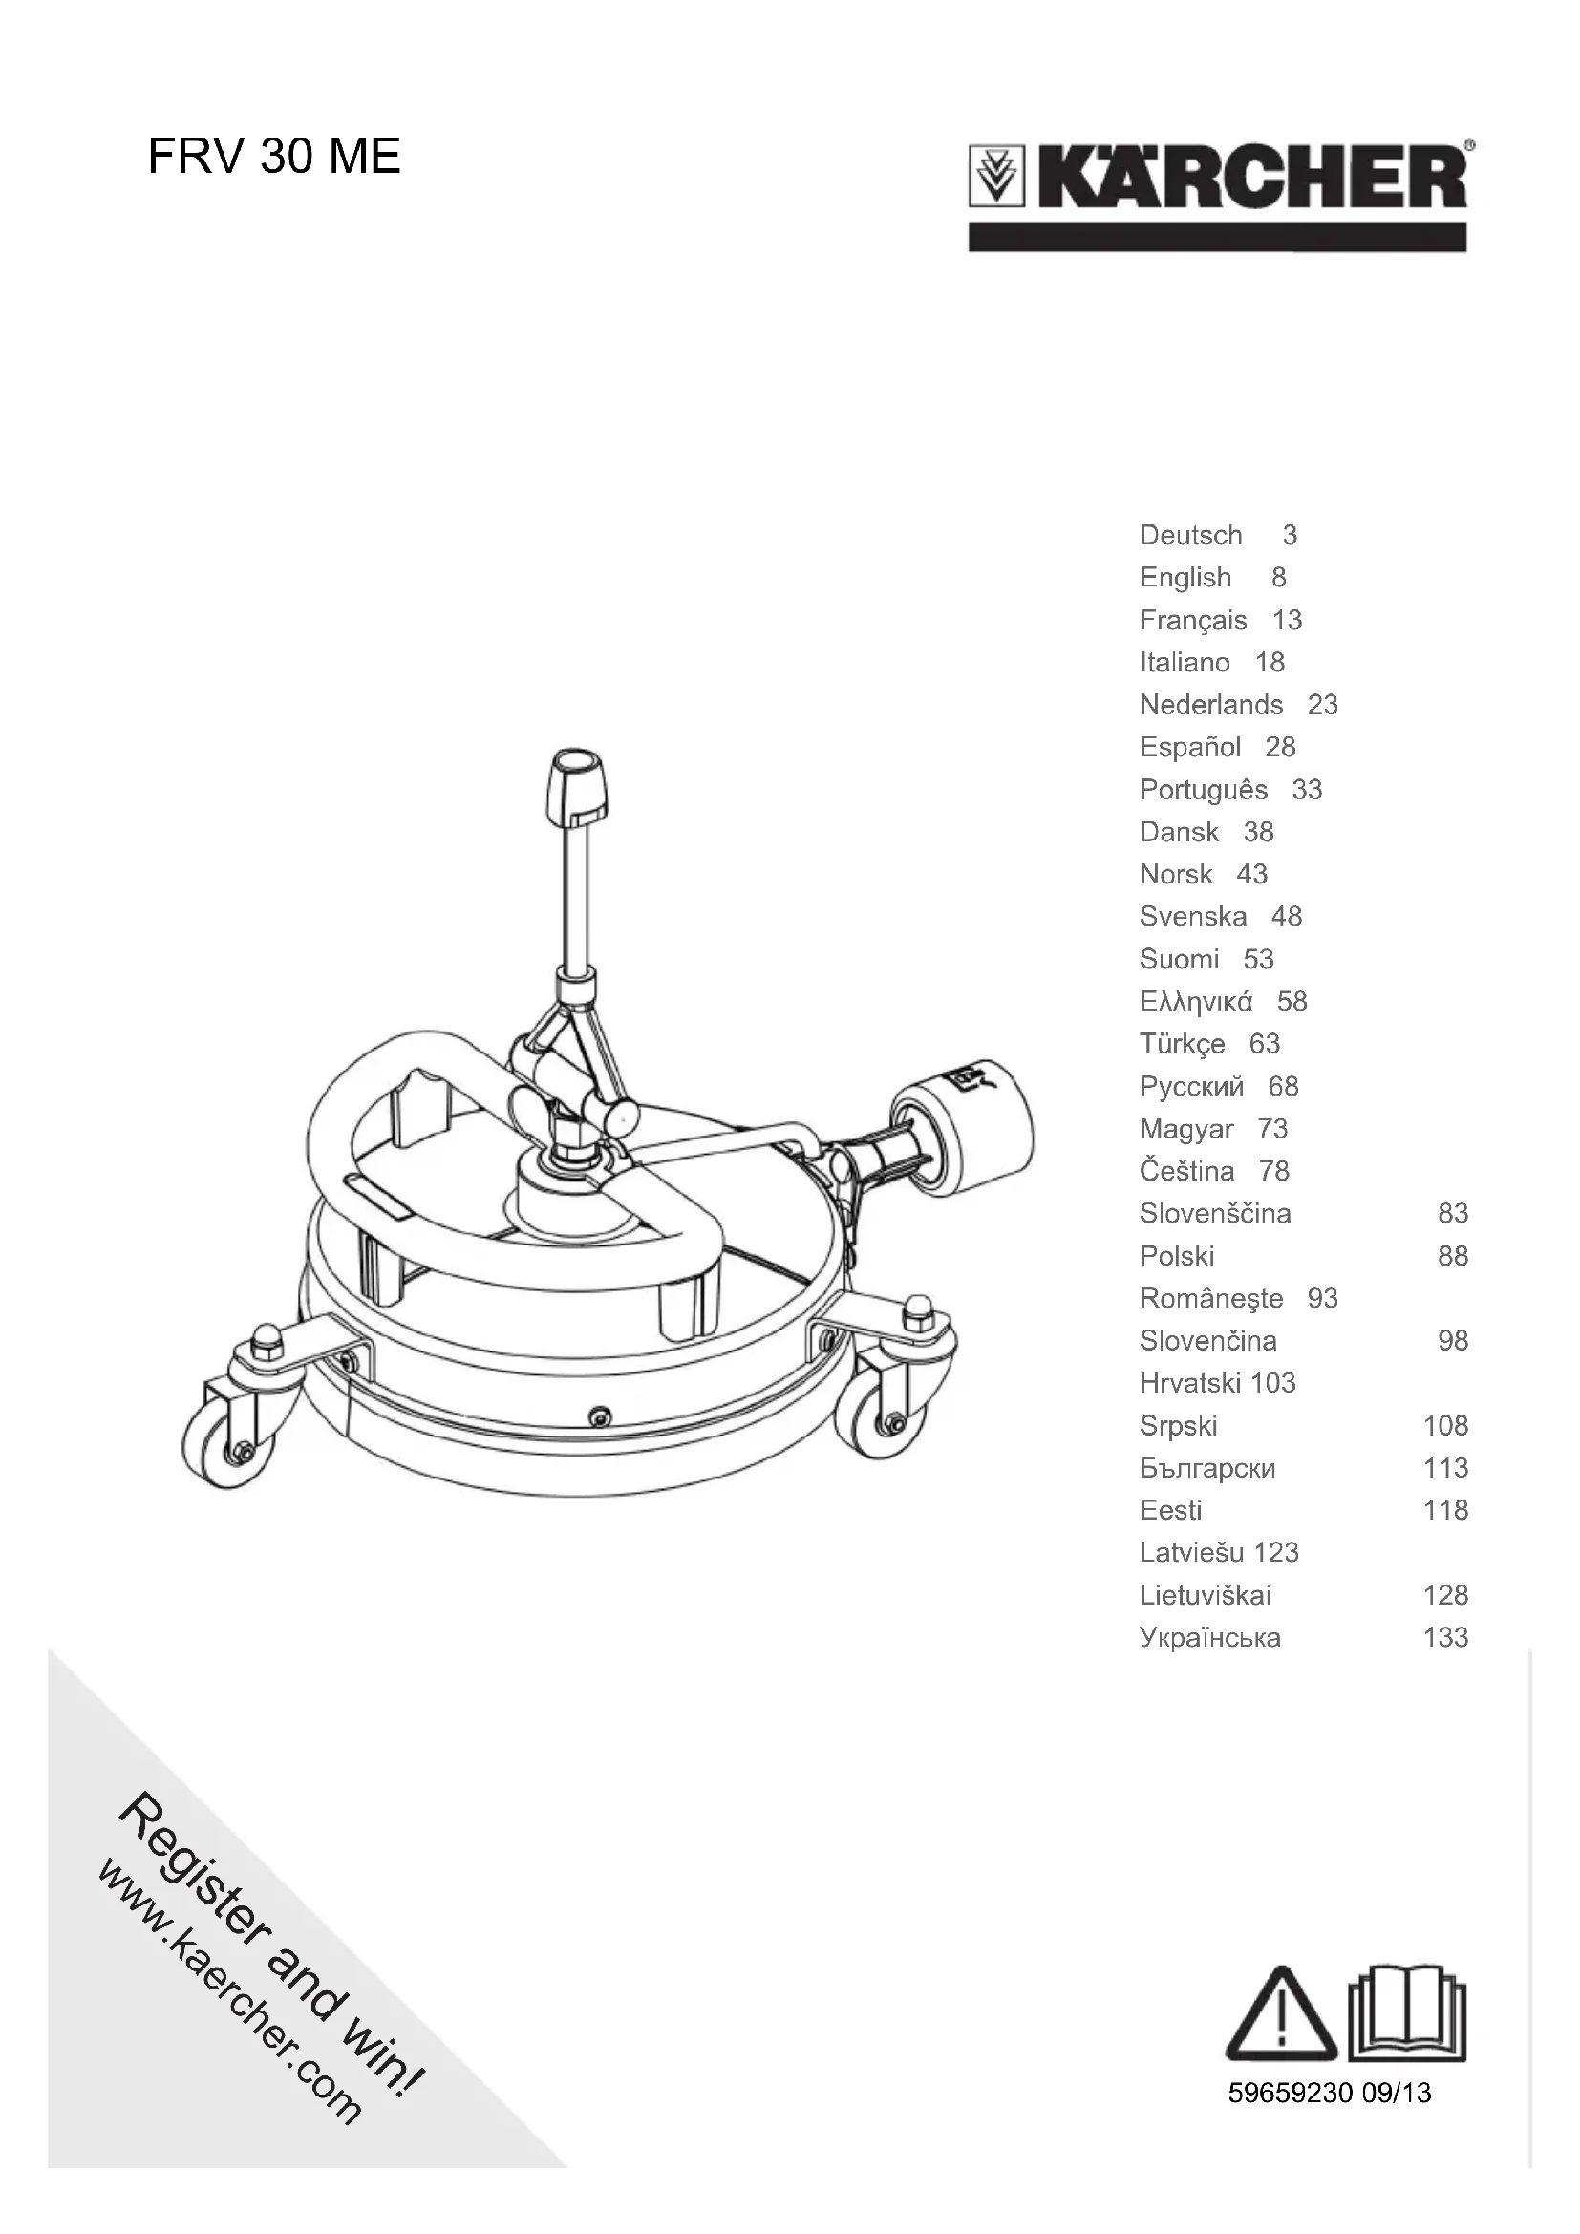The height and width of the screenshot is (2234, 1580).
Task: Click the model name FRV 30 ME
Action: (273, 157)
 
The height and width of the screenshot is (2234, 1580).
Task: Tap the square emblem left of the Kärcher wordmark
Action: (996, 176)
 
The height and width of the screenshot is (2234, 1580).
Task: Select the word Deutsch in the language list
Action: (1190, 535)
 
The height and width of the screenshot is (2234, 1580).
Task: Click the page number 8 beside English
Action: (1278, 578)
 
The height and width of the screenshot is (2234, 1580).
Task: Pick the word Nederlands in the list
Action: (1210, 705)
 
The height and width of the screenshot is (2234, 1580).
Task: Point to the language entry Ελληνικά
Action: (1196, 1001)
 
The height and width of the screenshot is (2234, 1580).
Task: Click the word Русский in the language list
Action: (1191, 1086)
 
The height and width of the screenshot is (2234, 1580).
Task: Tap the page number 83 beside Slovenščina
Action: (1453, 1213)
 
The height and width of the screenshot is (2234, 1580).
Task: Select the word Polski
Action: (1176, 1256)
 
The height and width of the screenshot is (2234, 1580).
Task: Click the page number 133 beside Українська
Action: (1444, 1638)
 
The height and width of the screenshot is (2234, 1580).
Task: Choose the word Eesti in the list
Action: (1170, 1510)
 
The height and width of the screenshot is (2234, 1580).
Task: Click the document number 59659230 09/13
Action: (1329, 2093)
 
